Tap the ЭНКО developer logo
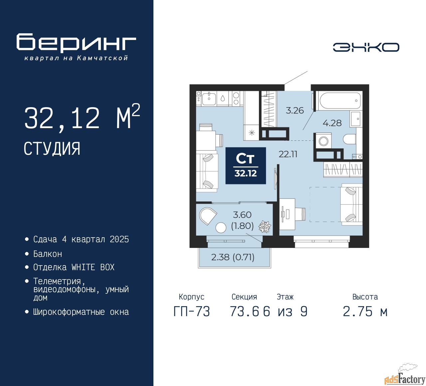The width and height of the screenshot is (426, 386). tap(366, 47)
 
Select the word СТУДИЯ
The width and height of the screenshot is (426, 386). tap(52, 149)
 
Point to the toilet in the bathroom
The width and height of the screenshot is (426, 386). tap(349, 139)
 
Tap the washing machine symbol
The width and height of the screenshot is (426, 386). tap(323, 141)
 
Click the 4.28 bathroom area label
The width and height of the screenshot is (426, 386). tap(332, 123)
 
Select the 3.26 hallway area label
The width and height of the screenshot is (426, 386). tap(295, 110)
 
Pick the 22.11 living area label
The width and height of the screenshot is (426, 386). tap(288, 154)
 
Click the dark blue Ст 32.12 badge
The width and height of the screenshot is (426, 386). tap(246, 166)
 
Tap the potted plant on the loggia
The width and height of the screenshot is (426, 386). tap(265, 226)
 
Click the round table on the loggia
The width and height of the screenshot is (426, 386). tap(221, 227)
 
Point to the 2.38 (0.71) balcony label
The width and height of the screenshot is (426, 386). tap(233, 257)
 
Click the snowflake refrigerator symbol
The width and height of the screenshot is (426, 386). tap(252, 133)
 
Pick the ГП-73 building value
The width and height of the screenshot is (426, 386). tap(192, 311)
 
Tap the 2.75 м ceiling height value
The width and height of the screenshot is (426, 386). tap(365, 311)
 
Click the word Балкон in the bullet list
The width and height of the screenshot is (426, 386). tap(48, 254)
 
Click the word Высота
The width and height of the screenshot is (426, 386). tap(365, 296)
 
